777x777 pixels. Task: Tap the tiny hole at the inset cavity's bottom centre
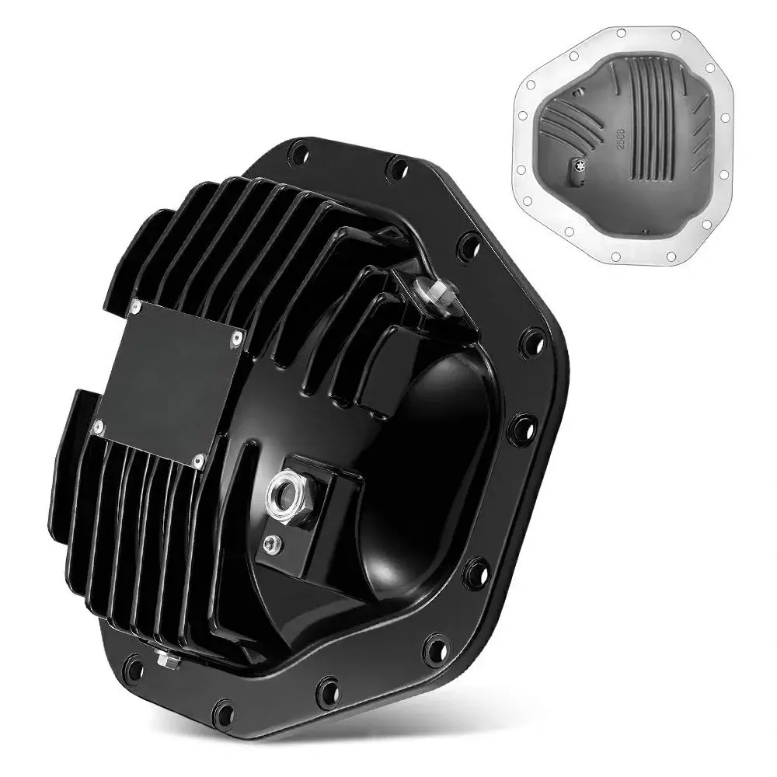644,232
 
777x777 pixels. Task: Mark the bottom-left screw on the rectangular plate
98,427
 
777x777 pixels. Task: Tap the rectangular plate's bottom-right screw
200,462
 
